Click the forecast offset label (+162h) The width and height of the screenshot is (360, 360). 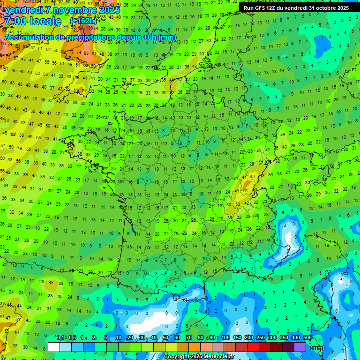point(83,21)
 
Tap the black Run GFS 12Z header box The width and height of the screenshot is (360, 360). point(296,7)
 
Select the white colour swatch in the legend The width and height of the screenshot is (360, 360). point(54,347)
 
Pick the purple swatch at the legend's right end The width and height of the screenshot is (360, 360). point(300,347)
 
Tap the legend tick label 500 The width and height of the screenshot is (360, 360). point(307,338)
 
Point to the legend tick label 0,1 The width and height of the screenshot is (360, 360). point(60,338)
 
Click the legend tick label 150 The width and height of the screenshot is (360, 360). point(237,338)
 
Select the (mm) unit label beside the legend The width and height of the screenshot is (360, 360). point(317,348)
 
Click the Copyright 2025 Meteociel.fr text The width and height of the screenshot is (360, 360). point(199,356)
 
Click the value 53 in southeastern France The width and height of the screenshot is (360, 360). point(238,204)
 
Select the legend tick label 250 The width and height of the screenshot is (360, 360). point(261,338)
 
